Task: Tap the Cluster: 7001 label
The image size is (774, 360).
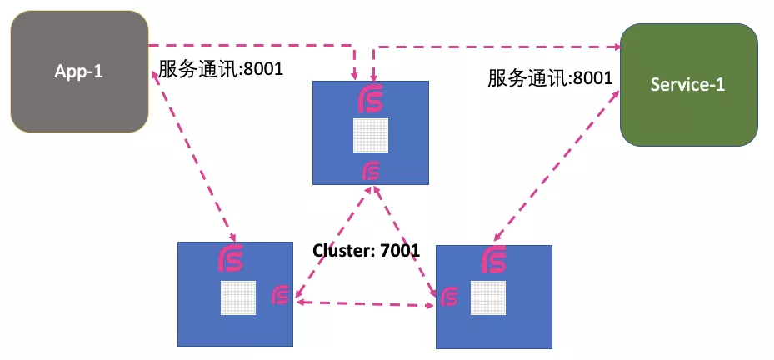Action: tap(366, 249)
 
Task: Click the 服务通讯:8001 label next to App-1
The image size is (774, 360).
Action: tap(221, 68)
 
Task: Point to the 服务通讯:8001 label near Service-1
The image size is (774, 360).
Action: tap(550, 78)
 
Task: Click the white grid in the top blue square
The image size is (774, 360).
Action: tap(371, 135)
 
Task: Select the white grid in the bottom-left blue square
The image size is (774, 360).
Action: tap(237, 297)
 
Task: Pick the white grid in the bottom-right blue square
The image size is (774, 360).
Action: tap(487, 298)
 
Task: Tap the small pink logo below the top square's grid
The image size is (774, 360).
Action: tap(372, 172)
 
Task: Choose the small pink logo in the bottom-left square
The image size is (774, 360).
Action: tap(281, 294)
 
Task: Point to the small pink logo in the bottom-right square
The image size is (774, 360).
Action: tap(449, 297)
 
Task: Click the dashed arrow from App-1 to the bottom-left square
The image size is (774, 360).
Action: tap(193, 158)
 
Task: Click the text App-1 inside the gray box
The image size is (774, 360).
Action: tap(78, 71)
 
